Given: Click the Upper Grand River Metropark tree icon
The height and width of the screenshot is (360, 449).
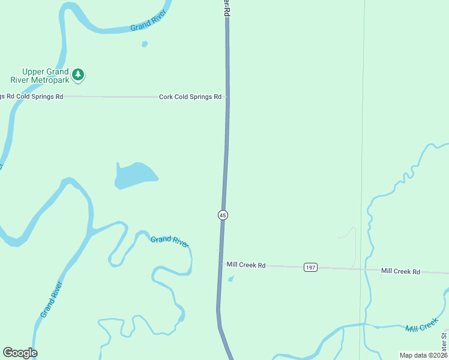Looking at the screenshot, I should click(x=78, y=75).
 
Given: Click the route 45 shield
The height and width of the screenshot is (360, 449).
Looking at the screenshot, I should click(x=223, y=215).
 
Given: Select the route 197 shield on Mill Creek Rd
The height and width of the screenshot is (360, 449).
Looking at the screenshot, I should click(x=310, y=267).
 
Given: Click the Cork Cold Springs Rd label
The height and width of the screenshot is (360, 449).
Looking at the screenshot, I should click(x=190, y=97).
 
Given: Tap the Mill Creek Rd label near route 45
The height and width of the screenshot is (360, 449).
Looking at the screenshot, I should click(x=246, y=265).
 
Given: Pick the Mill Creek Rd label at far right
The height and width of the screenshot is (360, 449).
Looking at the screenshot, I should click(x=400, y=271).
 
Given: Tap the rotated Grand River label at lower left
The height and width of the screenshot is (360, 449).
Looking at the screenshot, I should click(x=52, y=299).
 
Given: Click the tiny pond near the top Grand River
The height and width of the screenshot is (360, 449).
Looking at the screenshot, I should click(x=145, y=44).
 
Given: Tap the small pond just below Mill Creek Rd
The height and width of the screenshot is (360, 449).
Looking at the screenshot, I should click(x=231, y=278).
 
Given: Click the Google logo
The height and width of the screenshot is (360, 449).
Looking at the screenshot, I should click(x=20, y=353).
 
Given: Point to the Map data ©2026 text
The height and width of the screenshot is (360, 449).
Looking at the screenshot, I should click(x=423, y=355).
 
